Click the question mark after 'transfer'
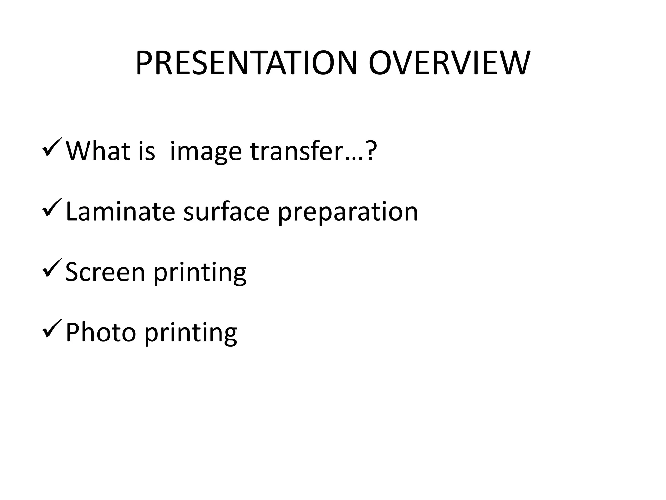[x=371, y=151]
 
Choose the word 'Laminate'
[x=120, y=212]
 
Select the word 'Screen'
[x=105, y=272]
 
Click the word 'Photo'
[x=100, y=332]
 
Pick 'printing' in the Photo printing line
[x=191, y=334]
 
